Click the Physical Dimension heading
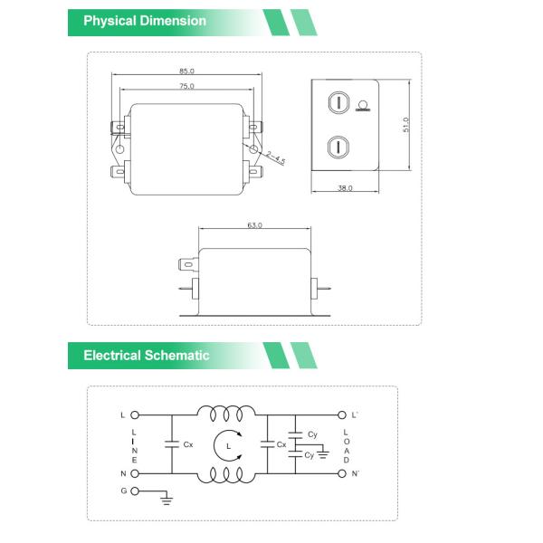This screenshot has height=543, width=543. pos(145,21)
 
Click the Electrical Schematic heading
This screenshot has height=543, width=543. pos(146,356)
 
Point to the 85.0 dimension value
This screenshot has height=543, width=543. pos(186,71)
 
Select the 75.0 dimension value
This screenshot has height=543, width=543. pos(186,86)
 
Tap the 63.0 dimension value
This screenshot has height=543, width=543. pos(254,225)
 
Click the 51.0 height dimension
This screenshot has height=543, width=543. pos(406,124)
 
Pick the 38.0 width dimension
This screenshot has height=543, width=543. pos(345,188)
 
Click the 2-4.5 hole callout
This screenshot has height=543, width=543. pos(275,158)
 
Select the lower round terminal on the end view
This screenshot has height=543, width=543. pos(337,146)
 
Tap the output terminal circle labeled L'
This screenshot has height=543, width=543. pos(342,415)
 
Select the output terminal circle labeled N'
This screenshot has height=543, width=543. pos(342,472)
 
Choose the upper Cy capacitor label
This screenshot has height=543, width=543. pos(312,434)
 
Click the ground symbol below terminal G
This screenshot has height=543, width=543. pos(165,497)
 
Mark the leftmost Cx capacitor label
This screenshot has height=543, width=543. pos(188,445)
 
